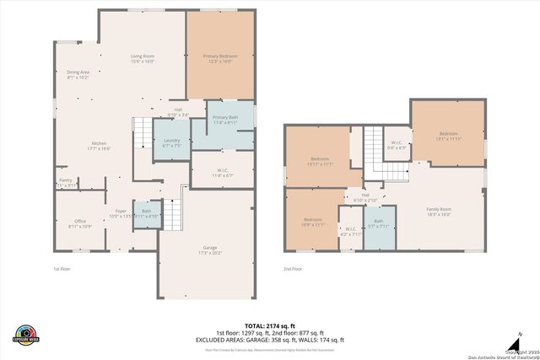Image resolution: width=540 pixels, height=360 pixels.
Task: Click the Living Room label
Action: click(x=142, y=58)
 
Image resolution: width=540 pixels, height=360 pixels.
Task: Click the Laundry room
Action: click(x=171, y=142)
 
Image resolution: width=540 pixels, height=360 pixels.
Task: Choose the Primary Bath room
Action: click(x=224, y=120)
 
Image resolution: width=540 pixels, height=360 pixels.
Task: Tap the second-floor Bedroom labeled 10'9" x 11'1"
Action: click(x=313, y=223)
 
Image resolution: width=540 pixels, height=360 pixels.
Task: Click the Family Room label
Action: click(x=438, y=212)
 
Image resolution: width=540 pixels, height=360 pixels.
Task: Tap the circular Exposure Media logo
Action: click(x=26, y=334)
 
